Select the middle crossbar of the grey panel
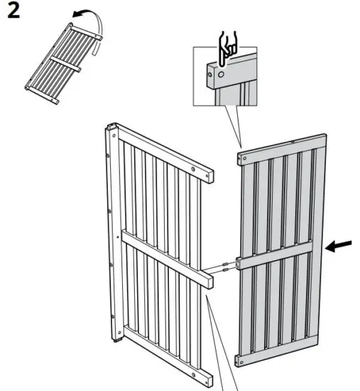[x=277, y=255]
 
